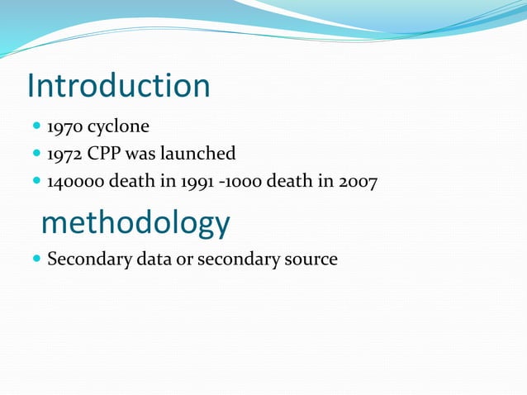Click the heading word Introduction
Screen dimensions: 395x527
118,86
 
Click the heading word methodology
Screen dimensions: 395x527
135,222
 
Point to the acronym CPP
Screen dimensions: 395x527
103,154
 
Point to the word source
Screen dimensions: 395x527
311,259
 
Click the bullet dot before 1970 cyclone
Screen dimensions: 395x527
36,128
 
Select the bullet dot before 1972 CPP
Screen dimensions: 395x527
36,154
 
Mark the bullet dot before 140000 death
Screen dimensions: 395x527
36,181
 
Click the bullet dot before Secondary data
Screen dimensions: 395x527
36,259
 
